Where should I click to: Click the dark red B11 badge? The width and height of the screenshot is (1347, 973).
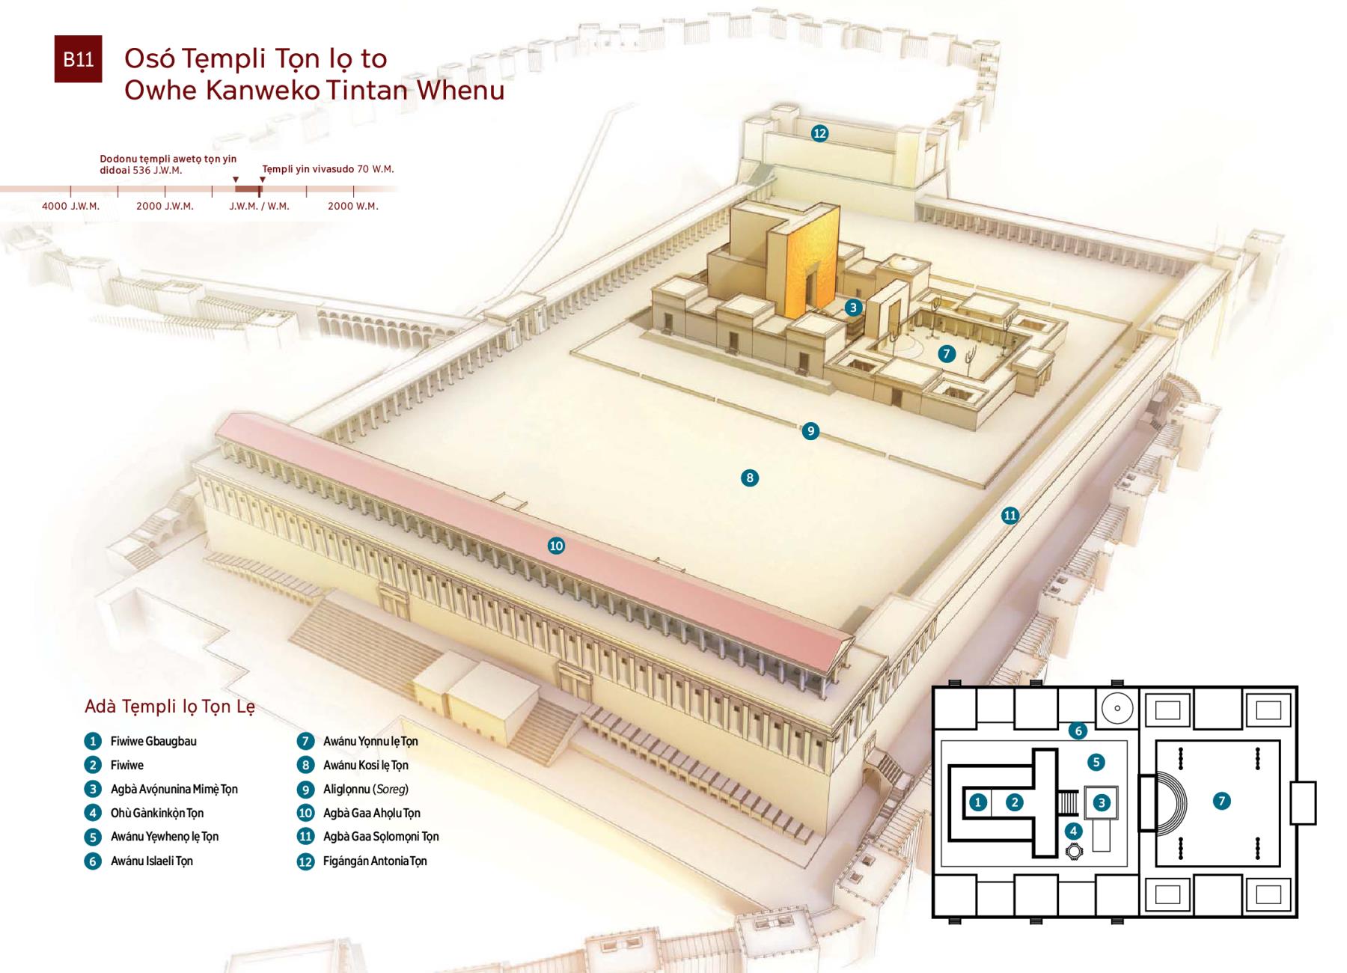click(78, 59)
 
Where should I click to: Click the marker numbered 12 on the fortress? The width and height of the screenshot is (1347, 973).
click(819, 133)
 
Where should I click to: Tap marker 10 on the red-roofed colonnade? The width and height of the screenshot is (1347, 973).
click(556, 546)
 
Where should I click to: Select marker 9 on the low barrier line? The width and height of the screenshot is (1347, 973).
click(810, 431)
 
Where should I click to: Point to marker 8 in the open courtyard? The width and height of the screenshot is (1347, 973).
click(750, 478)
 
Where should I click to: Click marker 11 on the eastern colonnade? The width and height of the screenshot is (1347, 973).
click(1010, 515)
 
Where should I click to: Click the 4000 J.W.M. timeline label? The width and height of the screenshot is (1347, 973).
click(70, 206)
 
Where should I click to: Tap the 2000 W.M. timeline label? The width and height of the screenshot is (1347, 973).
click(353, 206)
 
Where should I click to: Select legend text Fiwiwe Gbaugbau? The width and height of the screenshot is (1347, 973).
click(153, 741)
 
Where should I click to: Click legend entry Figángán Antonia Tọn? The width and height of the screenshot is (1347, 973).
click(375, 861)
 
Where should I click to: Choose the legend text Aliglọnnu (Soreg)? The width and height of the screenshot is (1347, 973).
click(366, 789)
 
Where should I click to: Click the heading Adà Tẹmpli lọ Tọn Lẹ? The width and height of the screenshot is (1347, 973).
click(170, 707)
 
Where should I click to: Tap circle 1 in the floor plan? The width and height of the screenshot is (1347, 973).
click(978, 802)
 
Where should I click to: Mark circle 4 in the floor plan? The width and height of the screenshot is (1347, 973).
click(1073, 830)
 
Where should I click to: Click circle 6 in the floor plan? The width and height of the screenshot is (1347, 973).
click(1078, 730)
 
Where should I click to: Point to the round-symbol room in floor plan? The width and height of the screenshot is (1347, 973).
click(1117, 708)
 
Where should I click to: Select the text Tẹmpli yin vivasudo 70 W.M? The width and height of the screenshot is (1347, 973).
click(328, 169)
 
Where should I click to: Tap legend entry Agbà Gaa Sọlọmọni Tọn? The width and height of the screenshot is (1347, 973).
click(381, 837)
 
